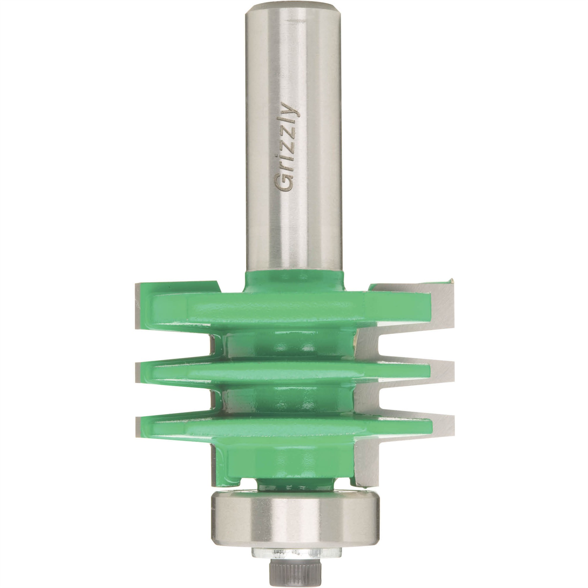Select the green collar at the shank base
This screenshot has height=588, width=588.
(295, 280)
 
